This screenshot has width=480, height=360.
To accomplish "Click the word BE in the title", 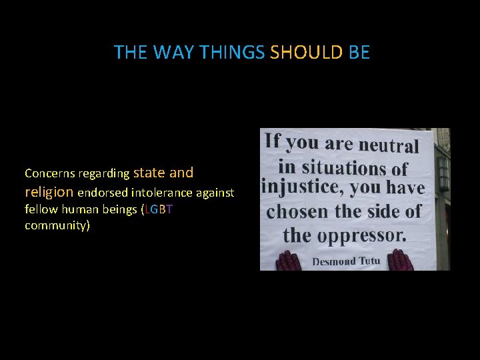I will tap(359, 53).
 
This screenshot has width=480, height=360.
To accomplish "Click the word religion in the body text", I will tap(49, 192).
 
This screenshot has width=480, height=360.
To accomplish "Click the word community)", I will tap(57, 225).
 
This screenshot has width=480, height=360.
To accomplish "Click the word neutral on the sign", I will tap(389, 145).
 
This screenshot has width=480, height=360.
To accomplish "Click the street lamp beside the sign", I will tap(443, 173).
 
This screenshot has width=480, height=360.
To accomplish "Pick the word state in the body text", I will tap(149, 173).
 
